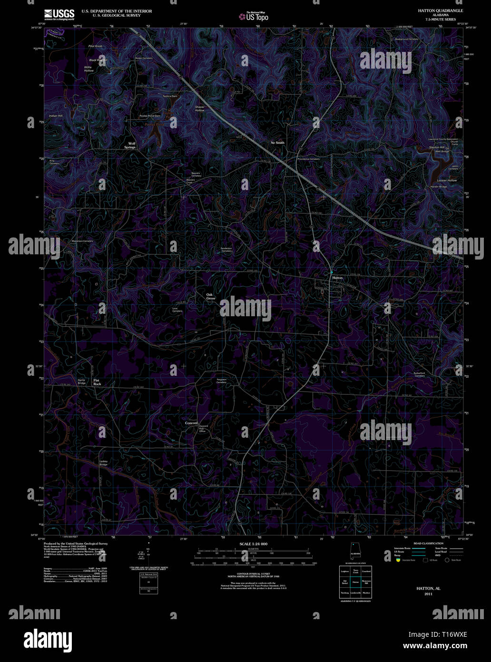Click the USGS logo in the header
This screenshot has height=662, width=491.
tap(59, 14)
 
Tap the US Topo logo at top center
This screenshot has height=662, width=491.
tap(254, 17)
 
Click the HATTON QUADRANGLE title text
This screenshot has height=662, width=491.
tap(440, 10)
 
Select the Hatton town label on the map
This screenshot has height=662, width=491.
tap(337, 277)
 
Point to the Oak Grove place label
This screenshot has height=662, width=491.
tap(211, 296)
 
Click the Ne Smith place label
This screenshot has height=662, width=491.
tap(277, 143)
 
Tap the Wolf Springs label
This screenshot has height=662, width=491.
tap(130, 146)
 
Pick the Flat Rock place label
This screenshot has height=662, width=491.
tap(97, 382)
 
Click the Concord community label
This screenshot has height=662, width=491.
tap(191, 423)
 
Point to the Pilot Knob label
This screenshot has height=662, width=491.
tap(95, 46)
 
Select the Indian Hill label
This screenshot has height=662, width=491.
tap(56, 116)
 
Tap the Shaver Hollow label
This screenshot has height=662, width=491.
tap(200, 109)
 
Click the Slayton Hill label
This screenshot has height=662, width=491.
tap(436, 147)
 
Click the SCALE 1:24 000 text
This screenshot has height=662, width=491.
tap(253, 544)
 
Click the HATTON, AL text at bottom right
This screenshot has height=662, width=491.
tap(428, 589)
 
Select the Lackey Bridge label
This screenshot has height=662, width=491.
tap(104, 462)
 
